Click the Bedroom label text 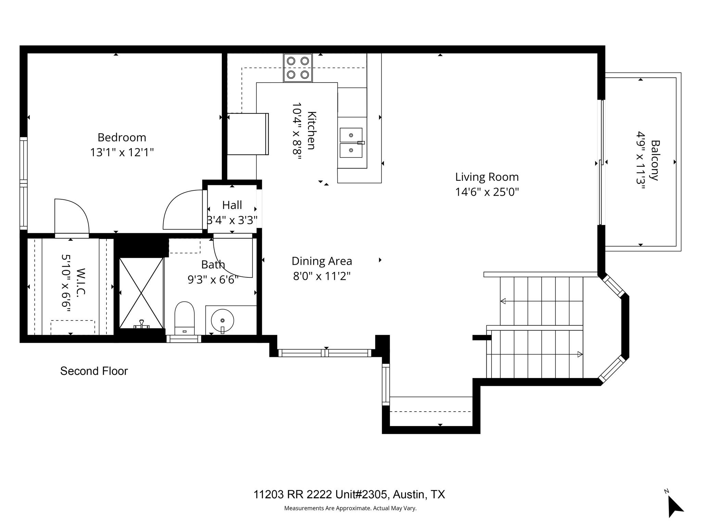click(x=122, y=137)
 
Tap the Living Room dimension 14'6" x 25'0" click(x=487, y=192)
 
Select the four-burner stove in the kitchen click(x=298, y=68)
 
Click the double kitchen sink click(x=351, y=143)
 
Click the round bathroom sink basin click(x=222, y=321)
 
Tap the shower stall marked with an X click(x=141, y=293)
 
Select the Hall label click(x=232, y=205)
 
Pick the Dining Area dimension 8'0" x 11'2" click(x=322, y=276)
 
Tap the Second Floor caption click(x=94, y=371)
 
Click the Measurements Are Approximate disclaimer click(x=350, y=508)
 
